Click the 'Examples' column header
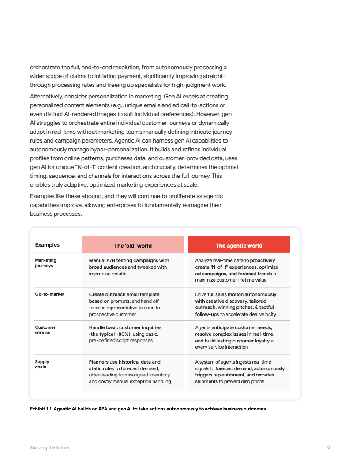coord(47,245)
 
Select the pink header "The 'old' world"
coord(133,245)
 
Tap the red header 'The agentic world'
coord(239,245)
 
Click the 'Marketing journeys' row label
coord(46,263)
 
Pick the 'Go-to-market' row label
coord(50,294)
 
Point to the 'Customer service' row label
coord(45,330)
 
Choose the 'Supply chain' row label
coord(42,365)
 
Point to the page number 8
coord(329,447)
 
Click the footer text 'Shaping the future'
coord(49,447)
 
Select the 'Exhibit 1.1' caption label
coord(41,409)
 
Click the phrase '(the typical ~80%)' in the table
coord(110,334)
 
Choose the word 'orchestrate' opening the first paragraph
coord(43,68)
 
